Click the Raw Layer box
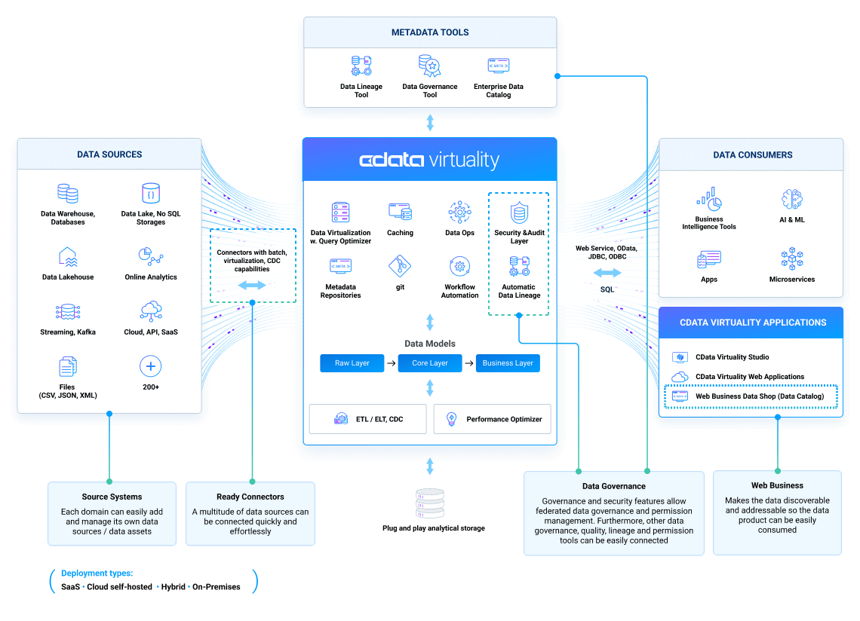[x=352, y=363]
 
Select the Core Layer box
[x=430, y=363]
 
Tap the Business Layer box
[x=508, y=363]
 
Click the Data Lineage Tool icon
[x=361, y=66]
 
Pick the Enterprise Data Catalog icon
[x=498, y=66]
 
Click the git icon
[x=400, y=266]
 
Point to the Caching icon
[x=400, y=212]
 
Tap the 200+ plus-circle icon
[x=151, y=367]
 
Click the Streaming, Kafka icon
[x=68, y=311]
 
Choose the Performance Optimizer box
[x=493, y=419]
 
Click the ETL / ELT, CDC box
[x=368, y=419]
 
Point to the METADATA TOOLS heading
[x=430, y=32]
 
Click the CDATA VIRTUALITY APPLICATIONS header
[x=753, y=323]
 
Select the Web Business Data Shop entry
[x=759, y=396]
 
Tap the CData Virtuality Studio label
[x=732, y=357]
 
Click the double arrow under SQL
[x=607, y=273]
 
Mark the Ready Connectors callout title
[x=250, y=497]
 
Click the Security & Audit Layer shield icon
[x=519, y=213]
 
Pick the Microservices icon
[x=791, y=258]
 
